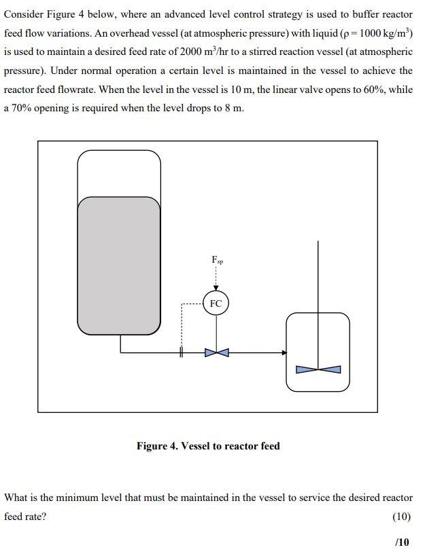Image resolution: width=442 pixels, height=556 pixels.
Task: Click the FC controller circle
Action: point(216,303)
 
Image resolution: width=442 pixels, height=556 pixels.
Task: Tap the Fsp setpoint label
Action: point(217,260)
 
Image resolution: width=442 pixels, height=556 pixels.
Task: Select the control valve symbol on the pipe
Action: point(216,352)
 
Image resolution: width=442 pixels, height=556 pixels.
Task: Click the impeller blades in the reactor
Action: point(318,369)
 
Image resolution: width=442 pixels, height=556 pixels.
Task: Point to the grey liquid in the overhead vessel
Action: point(119,265)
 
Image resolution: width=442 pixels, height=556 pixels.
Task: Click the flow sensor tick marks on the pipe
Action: point(182,352)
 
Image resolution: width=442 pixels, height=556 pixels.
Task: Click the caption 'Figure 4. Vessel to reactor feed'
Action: point(208,446)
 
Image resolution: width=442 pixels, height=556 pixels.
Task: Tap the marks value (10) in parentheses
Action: point(402,517)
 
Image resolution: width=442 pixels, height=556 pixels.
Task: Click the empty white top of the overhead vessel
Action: point(119,173)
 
